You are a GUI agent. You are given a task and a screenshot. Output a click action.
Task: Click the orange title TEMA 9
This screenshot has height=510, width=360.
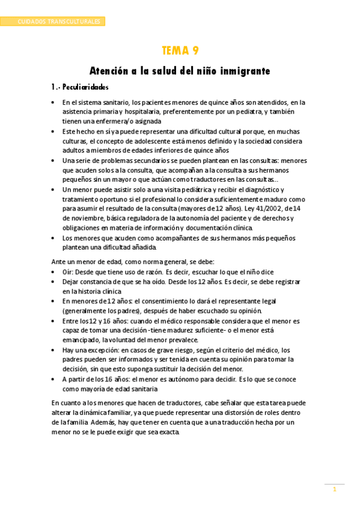(180, 51)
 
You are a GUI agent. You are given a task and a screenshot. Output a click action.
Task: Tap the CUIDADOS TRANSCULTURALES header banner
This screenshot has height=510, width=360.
(58, 22)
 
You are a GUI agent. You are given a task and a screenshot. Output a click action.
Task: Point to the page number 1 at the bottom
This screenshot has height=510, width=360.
(335, 490)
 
